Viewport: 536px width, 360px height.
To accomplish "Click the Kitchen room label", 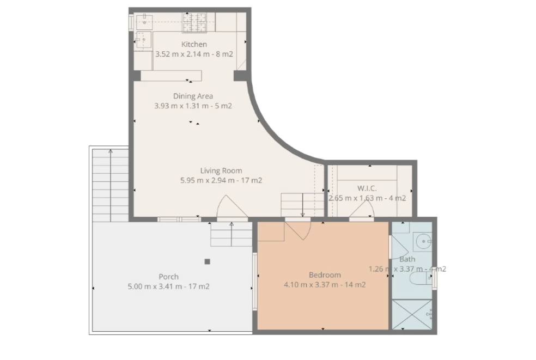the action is coord(194,45).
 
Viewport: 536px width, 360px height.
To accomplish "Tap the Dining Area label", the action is coord(193,96).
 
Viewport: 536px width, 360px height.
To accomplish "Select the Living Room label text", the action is coord(221,170).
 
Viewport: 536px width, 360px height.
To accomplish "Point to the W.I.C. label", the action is coord(367,188).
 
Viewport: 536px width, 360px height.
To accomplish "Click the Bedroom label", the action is coord(325,275).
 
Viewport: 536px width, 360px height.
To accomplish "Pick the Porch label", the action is coord(168,277).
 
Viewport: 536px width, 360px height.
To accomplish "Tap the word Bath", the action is coord(407,259).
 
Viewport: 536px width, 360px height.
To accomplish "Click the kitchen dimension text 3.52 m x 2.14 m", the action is coord(183,54).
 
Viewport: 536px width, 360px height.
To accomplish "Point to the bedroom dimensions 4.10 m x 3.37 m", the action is coord(311,285).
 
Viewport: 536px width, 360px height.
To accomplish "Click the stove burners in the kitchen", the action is coord(194,22).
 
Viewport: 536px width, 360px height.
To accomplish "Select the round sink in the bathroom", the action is coord(424,241).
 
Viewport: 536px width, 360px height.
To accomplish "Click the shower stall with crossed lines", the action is coord(412,315).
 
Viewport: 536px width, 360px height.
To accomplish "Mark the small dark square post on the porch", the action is coord(207,261).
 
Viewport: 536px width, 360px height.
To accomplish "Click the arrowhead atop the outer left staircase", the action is coord(111,151).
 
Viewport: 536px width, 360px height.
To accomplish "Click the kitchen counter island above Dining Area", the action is coord(171,76).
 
